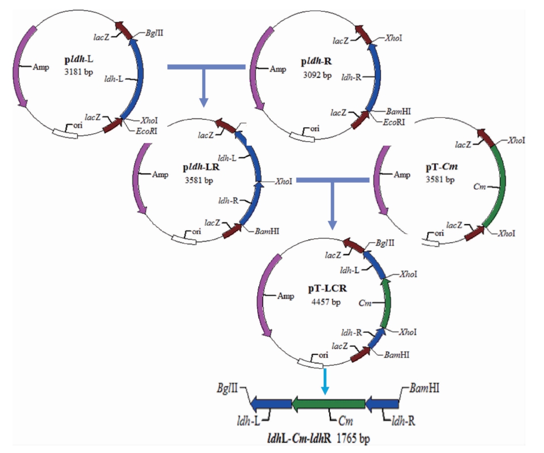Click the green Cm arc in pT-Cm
click(x=500, y=182)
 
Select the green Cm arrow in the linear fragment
click(x=328, y=404)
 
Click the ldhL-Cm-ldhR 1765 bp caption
click(x=318, y=438)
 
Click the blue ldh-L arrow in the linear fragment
click(x=271, y=404)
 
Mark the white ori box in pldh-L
click(x=65, y=133)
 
